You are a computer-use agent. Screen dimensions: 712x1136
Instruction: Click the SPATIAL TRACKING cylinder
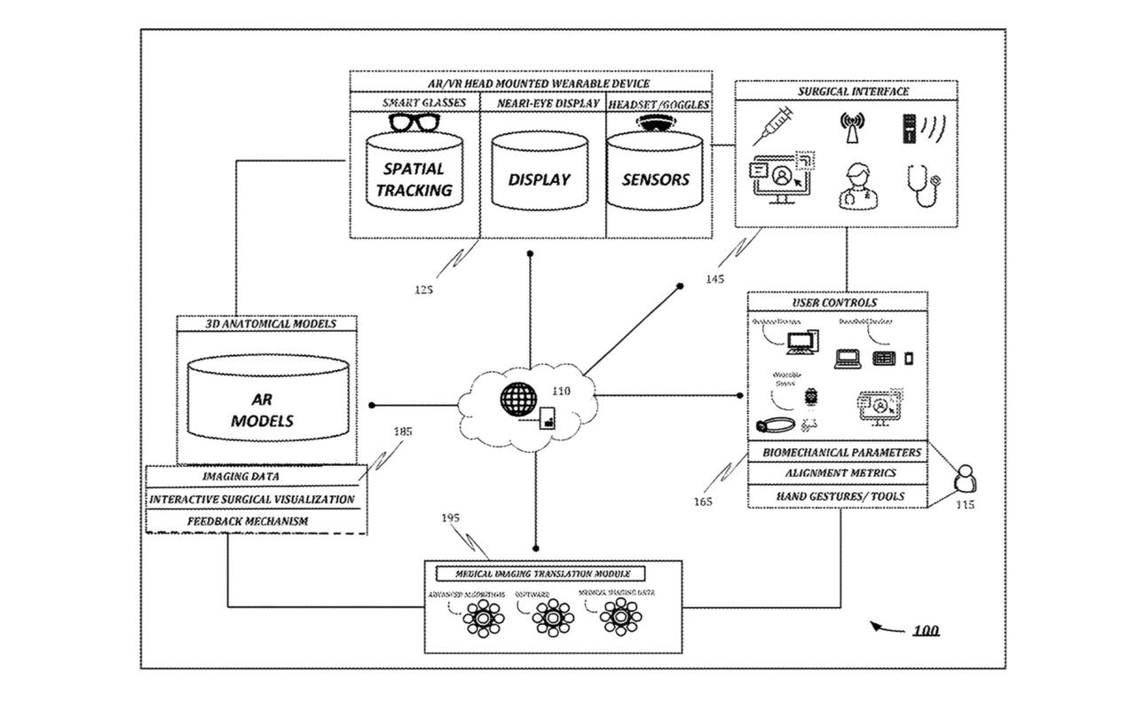tap(414, 178)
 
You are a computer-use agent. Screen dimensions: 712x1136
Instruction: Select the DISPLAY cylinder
tap(540, 178)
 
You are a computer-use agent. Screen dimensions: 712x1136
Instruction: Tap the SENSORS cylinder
tap(656, 178)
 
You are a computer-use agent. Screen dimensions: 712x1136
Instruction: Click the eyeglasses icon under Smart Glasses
tap(414, 123)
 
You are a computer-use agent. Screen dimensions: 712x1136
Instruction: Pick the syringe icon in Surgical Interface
tap(772, 126)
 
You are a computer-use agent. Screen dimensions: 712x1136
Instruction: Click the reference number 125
tap(424, 289)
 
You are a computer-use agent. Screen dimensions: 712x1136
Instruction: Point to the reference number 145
tap(714, 280)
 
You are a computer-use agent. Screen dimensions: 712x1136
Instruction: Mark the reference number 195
tap(450, 518)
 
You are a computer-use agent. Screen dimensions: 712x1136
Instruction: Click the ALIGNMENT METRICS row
tap(840, 474)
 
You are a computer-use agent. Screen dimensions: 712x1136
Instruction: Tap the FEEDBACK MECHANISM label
tap(248, 521)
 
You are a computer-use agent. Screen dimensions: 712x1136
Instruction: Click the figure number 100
tap(926, 631)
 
